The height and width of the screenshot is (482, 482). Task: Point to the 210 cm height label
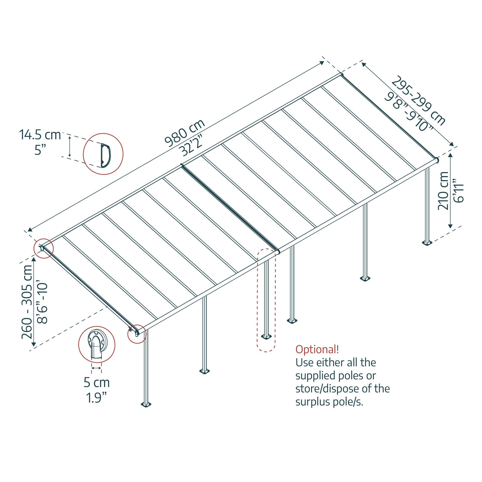pyautogui.click(x=443, y=191)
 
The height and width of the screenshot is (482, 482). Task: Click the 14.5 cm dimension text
pyautogui.click(x=40, y=135)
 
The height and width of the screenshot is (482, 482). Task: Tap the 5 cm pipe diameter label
pyautogui.click(x=97, y=383)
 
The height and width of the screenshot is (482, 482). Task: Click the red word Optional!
pyautogui.click(x=317, y=350)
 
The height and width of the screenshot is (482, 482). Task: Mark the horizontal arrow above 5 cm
pyautogui.click(x=97, y=368)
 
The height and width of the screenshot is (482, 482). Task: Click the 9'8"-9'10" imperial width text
pyautogui.click(x=409, y=112)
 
